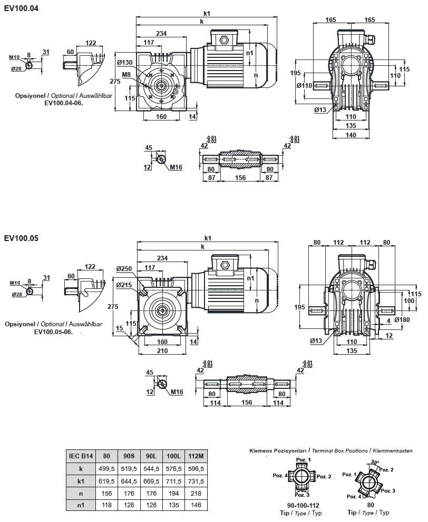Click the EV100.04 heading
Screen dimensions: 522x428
21,8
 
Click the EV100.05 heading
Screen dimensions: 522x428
21,238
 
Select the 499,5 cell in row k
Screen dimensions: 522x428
106,468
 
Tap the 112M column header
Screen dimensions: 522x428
195,456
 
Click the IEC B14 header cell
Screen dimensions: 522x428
81,456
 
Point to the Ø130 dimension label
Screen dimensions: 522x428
124,63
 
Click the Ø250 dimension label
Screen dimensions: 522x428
124,269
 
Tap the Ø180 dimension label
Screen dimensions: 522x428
402,319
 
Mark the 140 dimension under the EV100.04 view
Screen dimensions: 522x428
350,135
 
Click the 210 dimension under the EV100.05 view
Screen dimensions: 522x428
162,350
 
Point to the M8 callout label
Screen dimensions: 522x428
127,75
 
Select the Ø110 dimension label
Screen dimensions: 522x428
305,85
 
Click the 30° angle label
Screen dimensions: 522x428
375,463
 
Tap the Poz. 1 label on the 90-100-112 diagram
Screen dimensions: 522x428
303,460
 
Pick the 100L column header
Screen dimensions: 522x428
173,456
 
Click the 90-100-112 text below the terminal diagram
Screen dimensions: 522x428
299,505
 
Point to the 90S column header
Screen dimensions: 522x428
129,456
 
